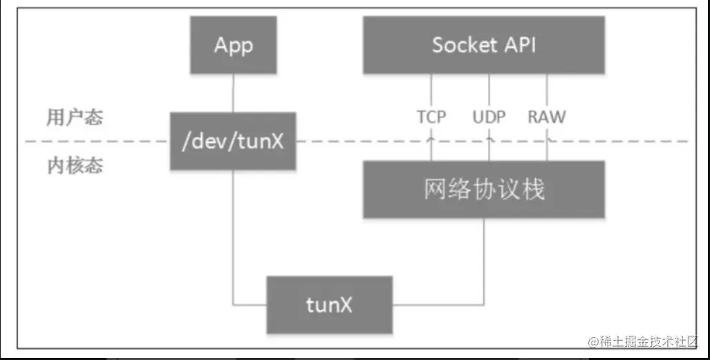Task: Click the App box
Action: (233, 46)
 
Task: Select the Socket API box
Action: (484, 46)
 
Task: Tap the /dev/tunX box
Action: (233, 141)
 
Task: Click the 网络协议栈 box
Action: (484, 189)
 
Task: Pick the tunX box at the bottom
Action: (330, 304)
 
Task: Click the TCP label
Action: (431, 117)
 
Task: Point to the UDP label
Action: (489, 117)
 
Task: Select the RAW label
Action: (546, 117)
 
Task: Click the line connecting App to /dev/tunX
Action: (233, 93)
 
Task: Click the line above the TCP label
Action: (431, 90)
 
